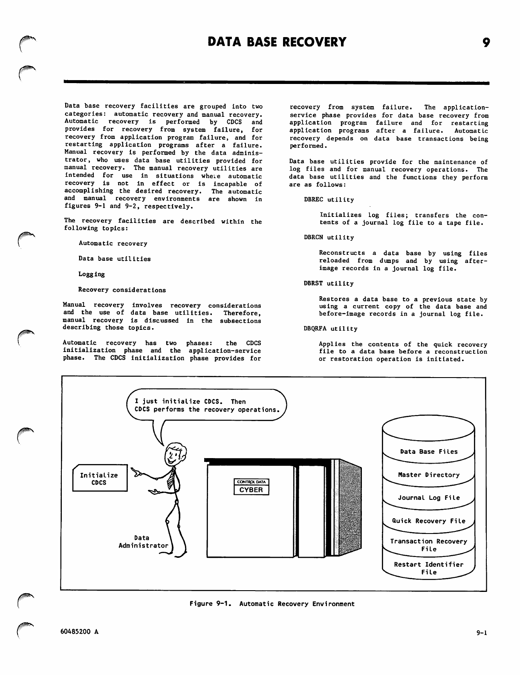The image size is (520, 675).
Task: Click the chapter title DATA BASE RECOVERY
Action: [x=277, y=42]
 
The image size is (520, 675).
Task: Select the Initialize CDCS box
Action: [x=100, y=479]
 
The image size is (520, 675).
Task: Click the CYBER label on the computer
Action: [x=251, y=490]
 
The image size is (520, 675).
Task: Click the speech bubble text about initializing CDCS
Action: [x=207, y=405]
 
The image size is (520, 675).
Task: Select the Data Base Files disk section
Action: [x=428, y=452]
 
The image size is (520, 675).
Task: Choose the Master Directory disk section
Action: [x=428, y=475]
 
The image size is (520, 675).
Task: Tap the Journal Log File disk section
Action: [x=428, y=498]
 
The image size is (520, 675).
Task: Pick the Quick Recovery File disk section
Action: [x=428, y=521]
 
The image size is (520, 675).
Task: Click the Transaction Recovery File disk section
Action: [x=428, y=545]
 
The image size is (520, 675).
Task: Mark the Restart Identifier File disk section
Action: [x=428, y=568]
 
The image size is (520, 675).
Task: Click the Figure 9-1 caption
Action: [x=272, y=604]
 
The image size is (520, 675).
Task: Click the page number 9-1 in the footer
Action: [x=482, y=633]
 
